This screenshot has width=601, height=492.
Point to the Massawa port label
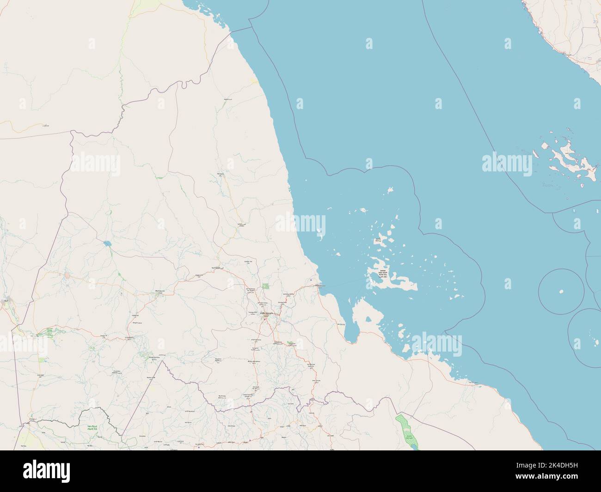320,286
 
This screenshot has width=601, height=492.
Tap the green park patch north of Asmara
265,286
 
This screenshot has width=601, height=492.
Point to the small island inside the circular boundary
561,292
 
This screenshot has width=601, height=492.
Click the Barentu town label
159,292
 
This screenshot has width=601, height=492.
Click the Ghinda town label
282,303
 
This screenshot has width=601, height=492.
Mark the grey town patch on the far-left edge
6,300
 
